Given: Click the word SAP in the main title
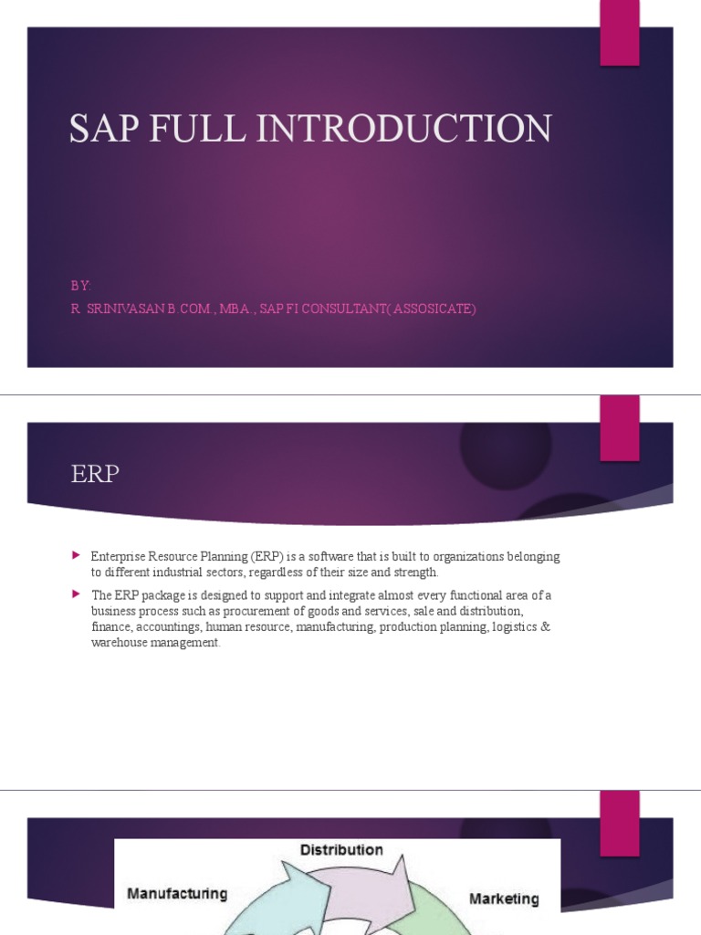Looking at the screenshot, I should tap(102, 129).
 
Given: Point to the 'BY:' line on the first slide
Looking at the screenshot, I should tap(81, 286).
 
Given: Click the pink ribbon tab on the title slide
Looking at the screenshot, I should tap(619, 33).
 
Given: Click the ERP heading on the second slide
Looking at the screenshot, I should tap(95, 475).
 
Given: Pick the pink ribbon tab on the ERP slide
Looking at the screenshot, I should tap(619, 427).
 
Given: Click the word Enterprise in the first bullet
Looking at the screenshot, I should tap(120, 556).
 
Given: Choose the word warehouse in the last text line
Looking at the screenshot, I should tap(122, 643).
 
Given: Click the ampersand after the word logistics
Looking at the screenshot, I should tap(546, 627).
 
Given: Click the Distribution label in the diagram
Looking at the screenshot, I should tap(342, 850).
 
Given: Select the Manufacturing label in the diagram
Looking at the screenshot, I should tap(177, 892).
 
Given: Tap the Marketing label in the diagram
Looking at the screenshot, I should tap(504, 898).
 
